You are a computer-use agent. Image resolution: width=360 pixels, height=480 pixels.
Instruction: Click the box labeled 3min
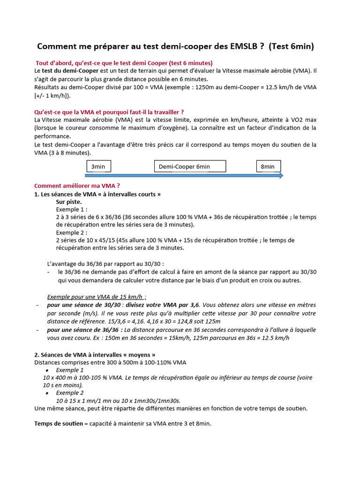98,166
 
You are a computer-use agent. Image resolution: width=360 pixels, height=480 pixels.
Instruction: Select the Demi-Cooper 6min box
190,166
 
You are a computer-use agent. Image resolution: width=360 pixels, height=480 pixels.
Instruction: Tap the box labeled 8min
268,166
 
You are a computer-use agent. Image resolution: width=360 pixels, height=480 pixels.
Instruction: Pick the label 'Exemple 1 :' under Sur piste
72,209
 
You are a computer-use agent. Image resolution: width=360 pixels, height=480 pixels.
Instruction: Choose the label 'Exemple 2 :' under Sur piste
72,232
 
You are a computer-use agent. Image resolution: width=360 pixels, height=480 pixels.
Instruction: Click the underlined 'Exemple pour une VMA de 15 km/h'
97,297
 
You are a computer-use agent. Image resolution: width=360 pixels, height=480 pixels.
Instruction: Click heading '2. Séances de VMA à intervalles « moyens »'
95,355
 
